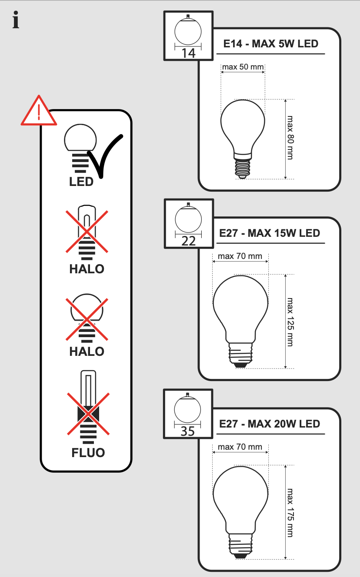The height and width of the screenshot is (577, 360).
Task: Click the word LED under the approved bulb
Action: [x=81, y=182]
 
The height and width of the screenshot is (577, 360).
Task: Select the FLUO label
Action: [x=88, y=452]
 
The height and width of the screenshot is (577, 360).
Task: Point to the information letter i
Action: [x=16, y=21]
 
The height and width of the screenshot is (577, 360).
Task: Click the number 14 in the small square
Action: [x=189, y=53]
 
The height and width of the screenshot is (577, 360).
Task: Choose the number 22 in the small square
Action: [x=189, y=241]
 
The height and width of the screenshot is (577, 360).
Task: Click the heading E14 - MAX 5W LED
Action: [x=270, y=44]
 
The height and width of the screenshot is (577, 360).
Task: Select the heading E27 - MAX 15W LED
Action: [x=270, y=233]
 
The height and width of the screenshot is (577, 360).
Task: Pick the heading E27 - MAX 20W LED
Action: [x=270, y=424]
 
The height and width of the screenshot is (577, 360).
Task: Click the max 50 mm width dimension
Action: [x=243, y=67]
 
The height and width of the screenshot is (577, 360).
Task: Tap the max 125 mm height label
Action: [x=290, y=322]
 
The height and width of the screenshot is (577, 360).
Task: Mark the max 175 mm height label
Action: [x=290, y=512]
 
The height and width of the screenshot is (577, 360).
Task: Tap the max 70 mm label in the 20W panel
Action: [x=240, y=447]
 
